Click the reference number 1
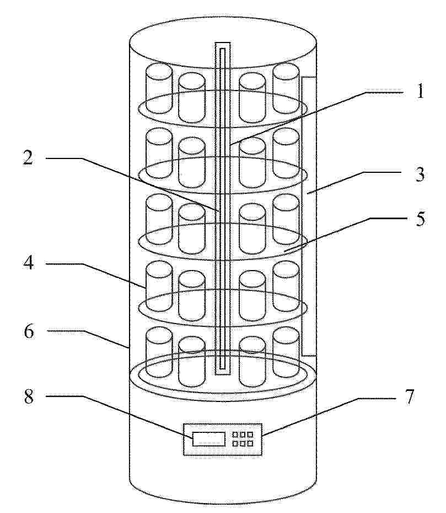click(x=420, y=91)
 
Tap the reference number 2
click(x=28, y=158)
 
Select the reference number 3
click(x=420, y=174)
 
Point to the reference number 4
click(x=29, y=263)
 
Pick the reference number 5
click(x=420, y=219)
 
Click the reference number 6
click(x=29, y=331)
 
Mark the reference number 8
click(x=29, y=396)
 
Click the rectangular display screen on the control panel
click(x=209, y=438)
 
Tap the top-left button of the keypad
click(x=235, y=435)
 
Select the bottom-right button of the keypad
click(x=250, y=443)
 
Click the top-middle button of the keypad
click(x=243, y=435)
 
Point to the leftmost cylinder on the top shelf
click(x=159, y=88)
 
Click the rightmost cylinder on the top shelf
click(x=286, y=88)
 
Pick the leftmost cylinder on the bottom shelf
click(x=159, y=352)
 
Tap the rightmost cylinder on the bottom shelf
click(x=286, y=352)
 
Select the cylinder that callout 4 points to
click(x=159, y=286)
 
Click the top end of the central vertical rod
click(x=223, y=43)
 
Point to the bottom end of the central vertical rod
click(x=223, y=374)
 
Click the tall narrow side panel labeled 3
click(x=308, y=216)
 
